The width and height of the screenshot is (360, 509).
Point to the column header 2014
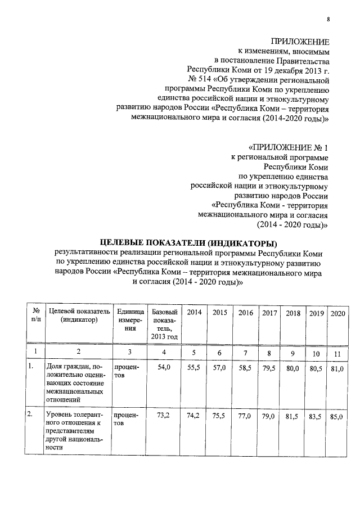tap(194, 313)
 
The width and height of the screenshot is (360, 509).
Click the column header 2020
tap(337, 313)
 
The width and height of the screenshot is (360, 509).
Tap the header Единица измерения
tap(130, 320)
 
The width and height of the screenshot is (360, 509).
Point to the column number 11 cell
tap(338, 353)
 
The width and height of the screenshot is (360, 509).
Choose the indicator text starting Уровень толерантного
tap(74, 431)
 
